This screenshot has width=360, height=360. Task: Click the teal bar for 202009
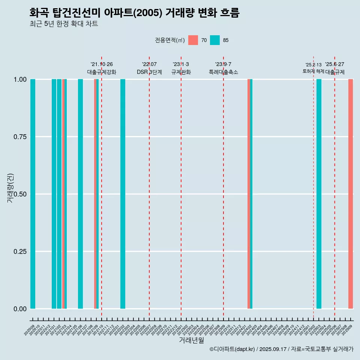point(33,194)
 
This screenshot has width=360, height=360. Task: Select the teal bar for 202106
point(80,194)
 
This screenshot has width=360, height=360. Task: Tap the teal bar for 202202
point(123,194)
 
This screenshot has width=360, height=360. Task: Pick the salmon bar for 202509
point(351,194)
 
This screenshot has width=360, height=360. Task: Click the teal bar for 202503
point(319,194)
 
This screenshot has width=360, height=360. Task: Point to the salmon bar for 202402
point(249,194)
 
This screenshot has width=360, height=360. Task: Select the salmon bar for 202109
point(95,194)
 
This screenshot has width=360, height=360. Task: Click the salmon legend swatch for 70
point(193,40)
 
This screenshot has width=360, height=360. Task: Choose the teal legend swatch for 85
point(215,40)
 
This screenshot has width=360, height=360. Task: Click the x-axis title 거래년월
point(192,340)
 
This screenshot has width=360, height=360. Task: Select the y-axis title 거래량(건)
point(10,187)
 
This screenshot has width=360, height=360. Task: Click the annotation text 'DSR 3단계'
point(149,72)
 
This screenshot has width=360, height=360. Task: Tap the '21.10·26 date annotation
point(102,64)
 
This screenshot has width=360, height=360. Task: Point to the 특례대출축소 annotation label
point(223,72)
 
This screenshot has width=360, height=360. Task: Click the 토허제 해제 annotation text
point(313,71)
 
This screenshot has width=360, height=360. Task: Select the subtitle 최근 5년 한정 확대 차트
point(64,24)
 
